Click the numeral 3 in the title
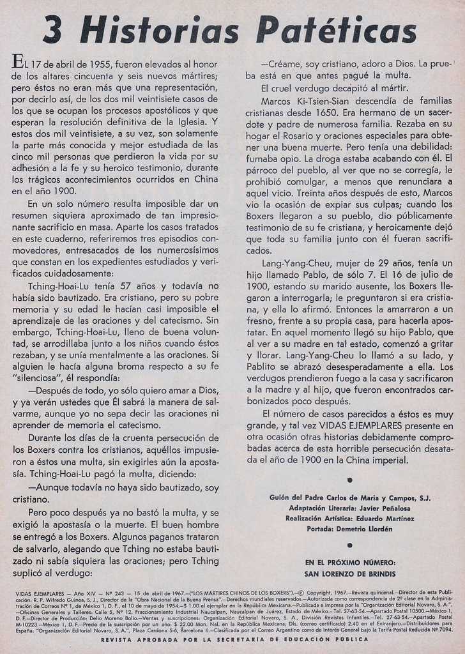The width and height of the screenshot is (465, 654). pos(52,31)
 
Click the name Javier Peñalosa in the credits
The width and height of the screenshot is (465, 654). pos(382,508)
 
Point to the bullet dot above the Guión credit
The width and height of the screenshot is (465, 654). pos(349,480)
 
